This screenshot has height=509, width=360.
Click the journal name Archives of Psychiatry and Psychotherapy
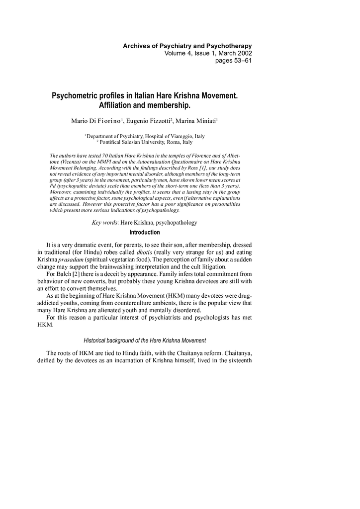[187, 46]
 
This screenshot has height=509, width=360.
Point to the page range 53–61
[240, 61]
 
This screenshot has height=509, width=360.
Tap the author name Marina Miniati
[197, 121]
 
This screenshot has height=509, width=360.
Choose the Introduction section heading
[145, 233]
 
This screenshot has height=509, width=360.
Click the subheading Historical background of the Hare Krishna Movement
[145, 340]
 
